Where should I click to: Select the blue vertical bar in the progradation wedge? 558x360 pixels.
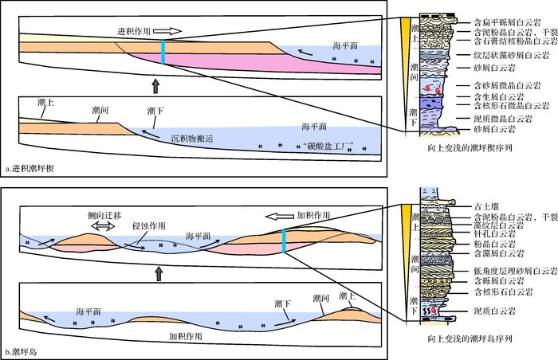click(163, 52)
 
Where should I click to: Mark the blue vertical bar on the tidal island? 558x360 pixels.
click(284, 241)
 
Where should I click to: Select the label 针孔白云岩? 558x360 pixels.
click(487, 235)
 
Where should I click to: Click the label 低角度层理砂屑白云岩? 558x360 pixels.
click(511, 271)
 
